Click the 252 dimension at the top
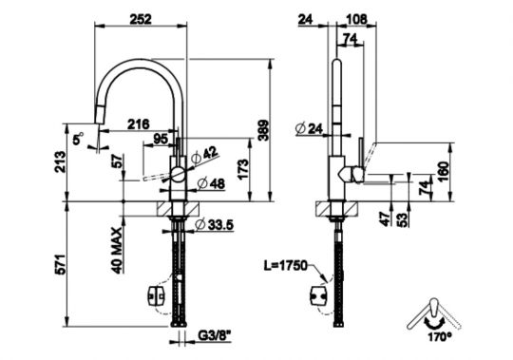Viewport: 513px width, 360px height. pyautogui.click(x=141, y=20)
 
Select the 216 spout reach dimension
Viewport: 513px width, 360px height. pyautogui.click(x=139, y=124)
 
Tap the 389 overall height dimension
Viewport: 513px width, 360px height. pyautogui.click(x=263, y=130)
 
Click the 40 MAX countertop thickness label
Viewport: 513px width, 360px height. pyautogui.click(x=117, y=250)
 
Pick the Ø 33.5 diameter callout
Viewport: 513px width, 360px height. pyautogui.click(x=214, y=224)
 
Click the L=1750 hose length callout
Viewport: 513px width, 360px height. pyautogui.click(x=286, y=266)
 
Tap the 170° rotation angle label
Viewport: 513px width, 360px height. pyautogui.click(x=440, y=336)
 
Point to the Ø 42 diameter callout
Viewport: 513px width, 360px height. pyautogui.click(x=204, y=156)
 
